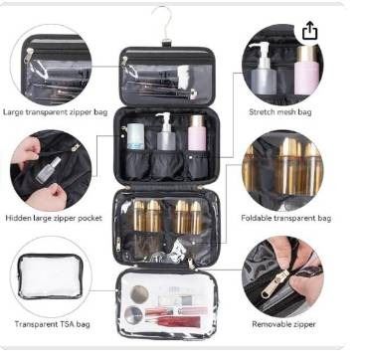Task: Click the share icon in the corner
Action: point(309,31)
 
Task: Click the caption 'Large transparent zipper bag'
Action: point(55,112)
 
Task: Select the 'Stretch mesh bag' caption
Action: point(280,112)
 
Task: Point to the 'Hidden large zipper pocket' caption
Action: point(54,218)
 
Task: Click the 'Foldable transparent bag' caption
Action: point(285,218)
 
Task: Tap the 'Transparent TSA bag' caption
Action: point(52,324)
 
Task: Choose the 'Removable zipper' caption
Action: point(283,324)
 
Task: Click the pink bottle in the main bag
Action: point(197,133)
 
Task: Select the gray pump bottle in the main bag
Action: point(165,132)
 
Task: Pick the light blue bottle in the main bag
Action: point(135,136)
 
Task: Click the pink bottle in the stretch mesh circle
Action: point(306,71)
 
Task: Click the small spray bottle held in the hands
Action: point(49,170)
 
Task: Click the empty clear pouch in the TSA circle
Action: point(50,276)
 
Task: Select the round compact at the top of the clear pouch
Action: point(139,293)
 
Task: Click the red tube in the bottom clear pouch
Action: point(173,321)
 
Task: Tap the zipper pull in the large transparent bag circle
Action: point(30,55)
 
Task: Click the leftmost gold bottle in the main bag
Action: point(139,216)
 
